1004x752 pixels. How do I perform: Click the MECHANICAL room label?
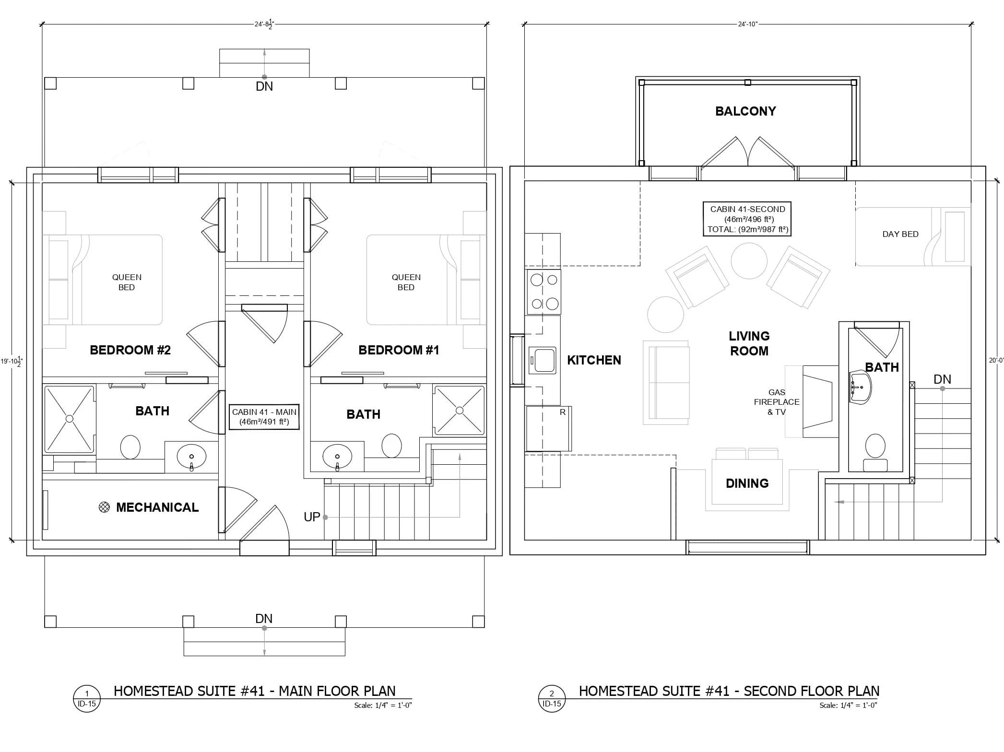coord(157,507)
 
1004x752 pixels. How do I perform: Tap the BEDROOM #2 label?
coord(130,350)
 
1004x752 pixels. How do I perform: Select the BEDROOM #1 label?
coord(399,350)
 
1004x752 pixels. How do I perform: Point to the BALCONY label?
coord(745,111)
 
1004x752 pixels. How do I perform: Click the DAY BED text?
coord(900,234)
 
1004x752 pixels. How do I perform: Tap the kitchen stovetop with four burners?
coord(544,292)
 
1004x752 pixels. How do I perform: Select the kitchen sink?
coord(543,360)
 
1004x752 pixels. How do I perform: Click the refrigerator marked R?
coord(549,428)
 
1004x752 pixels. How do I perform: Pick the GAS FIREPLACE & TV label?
coord(777,402)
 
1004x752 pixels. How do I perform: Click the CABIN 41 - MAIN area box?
coord(264,417)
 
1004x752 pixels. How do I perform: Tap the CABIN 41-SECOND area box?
coord(747,219)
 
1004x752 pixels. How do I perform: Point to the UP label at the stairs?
coord(312,517)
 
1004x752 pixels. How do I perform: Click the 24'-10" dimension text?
coord(747,24)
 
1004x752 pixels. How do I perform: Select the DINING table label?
coord(747,483)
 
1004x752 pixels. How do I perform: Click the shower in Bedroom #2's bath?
coord(70,419)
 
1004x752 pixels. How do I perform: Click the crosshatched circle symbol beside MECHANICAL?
coord(104,507)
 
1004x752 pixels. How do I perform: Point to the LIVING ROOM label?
coord(749,343)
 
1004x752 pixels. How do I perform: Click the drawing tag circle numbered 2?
coord(552,699)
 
